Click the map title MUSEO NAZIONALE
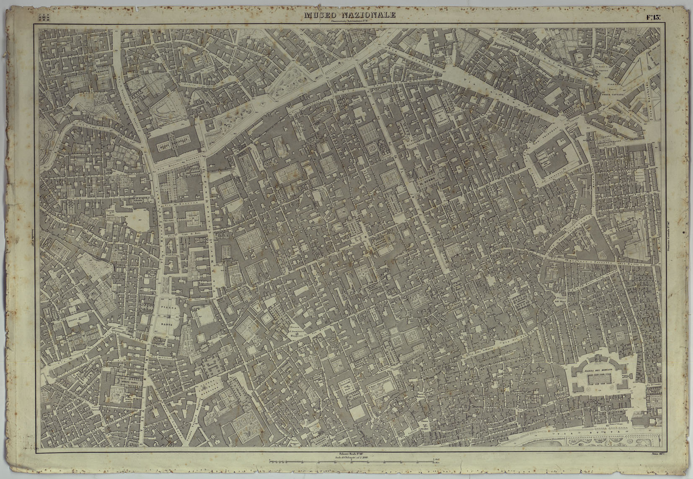350,16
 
